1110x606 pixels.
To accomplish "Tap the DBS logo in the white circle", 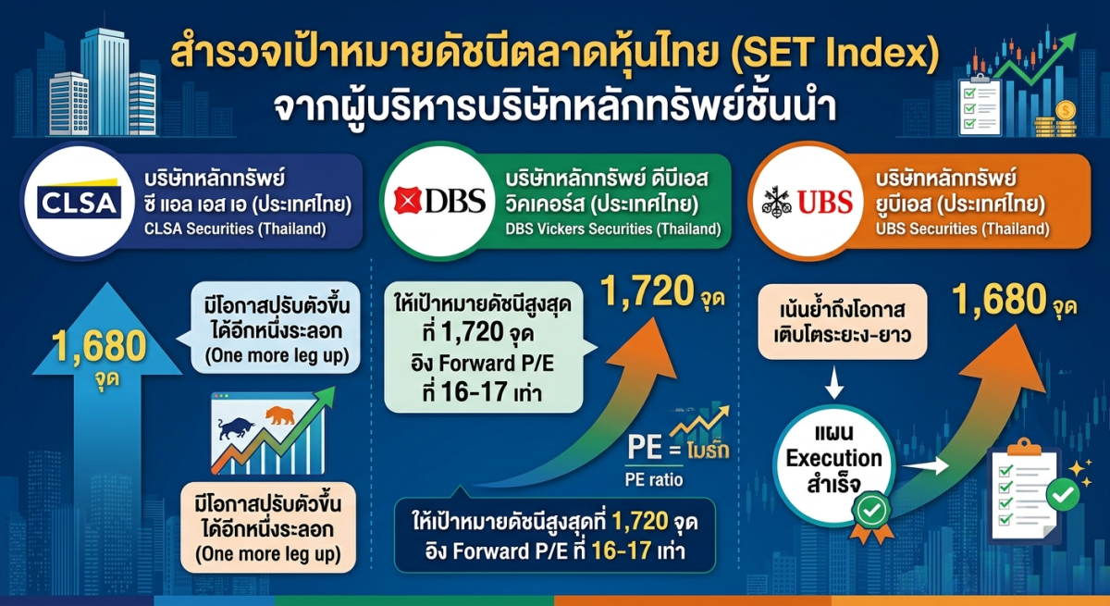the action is (x=439, y=201).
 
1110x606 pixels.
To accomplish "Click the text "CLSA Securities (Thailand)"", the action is (x=235, y=229).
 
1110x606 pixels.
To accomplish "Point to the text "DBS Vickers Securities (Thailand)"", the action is (x=613, y=229).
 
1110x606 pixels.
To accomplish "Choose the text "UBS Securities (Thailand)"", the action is (x=962, y=229).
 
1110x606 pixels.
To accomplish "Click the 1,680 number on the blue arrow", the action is (x=99, y=346).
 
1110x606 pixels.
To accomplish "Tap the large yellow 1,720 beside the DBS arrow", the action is (x=647, y=291).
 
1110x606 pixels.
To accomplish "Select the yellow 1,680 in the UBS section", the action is (x=998, y=300).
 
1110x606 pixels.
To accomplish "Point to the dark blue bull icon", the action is (x=236, y=427).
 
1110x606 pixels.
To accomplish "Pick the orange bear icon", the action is (x=280, y=415).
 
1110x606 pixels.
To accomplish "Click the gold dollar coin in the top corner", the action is (x=1065, y=110).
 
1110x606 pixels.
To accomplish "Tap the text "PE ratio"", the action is (x=654, y=479).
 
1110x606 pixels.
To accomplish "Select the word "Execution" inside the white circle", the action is (x=834, y=458).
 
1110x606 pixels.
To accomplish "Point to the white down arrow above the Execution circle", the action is (x=834, y=382).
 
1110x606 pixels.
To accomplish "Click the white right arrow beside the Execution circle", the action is (x=925, y=465).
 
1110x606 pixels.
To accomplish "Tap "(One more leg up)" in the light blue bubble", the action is (x=277, y=356).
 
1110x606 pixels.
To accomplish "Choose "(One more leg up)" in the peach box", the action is (x=268, y=554).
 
